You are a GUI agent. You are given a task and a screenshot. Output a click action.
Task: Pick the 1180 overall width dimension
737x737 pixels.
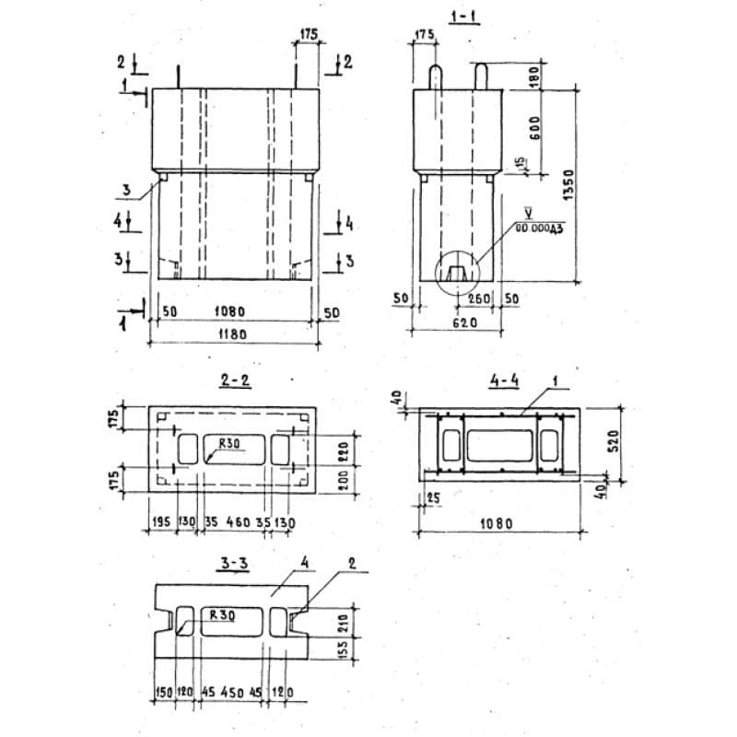[x=233, y=335]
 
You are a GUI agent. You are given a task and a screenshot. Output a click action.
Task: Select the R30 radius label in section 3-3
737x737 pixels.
[x=222, y=612]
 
